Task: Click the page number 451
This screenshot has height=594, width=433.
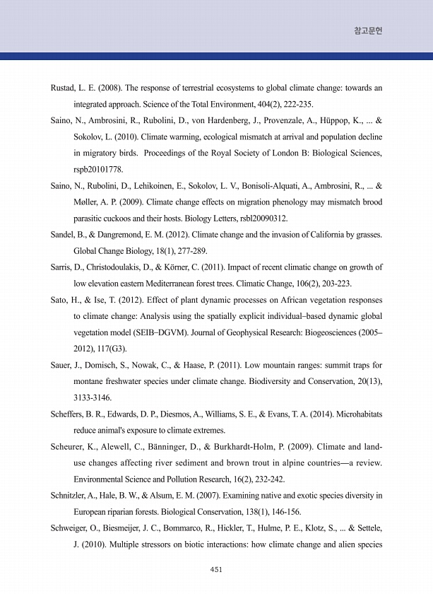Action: click(216, 569)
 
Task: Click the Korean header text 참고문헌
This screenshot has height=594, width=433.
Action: click(368, 31)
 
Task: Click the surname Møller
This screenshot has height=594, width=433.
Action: click(87, 202)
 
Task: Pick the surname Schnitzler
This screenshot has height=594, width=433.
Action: click(71, 496)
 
